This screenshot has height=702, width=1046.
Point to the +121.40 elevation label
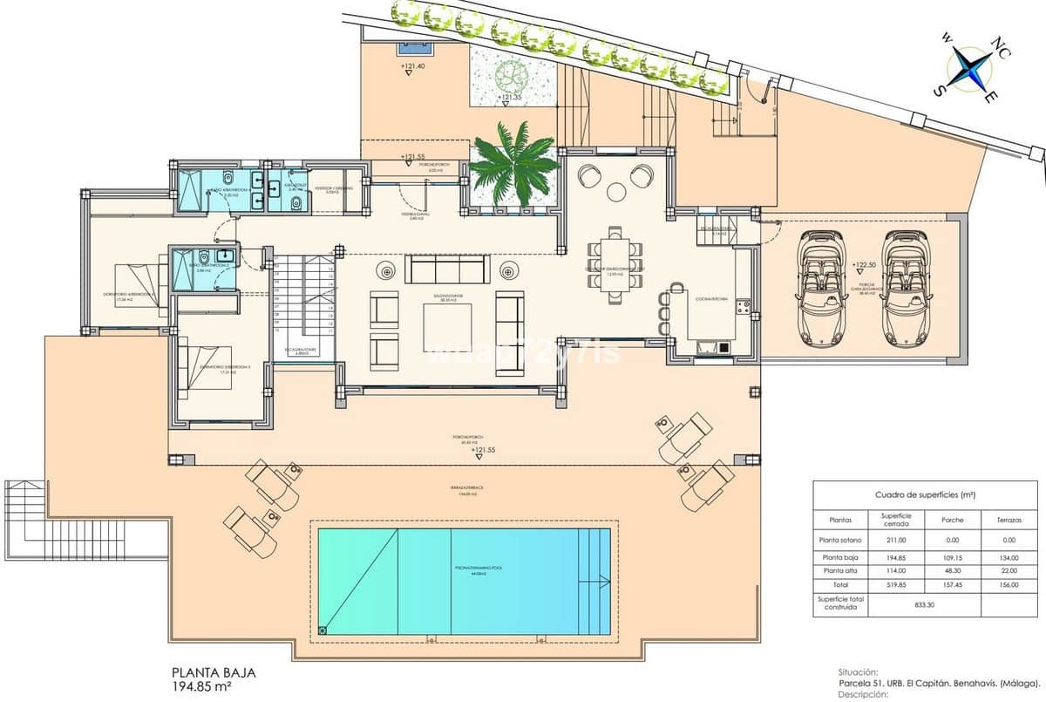pos(412,66)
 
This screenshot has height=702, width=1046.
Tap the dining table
pos(615,264)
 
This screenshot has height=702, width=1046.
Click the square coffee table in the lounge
pos(447,326)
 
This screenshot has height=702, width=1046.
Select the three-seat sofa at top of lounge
pos(447,268)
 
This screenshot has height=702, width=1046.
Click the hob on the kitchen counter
pos(744,306)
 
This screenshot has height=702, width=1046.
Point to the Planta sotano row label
pos(839,540)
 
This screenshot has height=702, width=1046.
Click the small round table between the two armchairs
pos(616,192)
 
